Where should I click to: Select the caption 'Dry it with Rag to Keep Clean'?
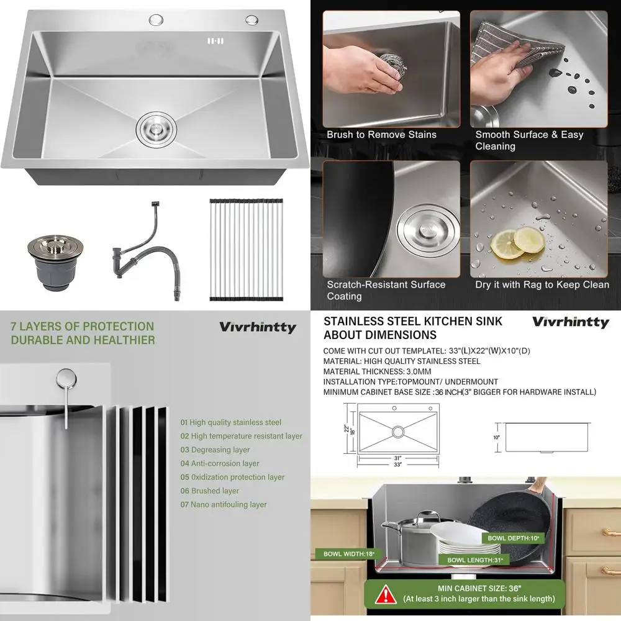click(542, 284)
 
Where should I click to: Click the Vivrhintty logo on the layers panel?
click(257, 327)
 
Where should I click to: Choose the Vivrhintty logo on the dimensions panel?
click(570, 322)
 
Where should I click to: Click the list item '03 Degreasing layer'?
click(215, 450)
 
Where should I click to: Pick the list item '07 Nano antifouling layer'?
click(224, 504)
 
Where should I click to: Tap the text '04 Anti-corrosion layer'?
click(220, 463)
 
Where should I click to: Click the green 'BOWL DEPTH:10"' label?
click(513, 538)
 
